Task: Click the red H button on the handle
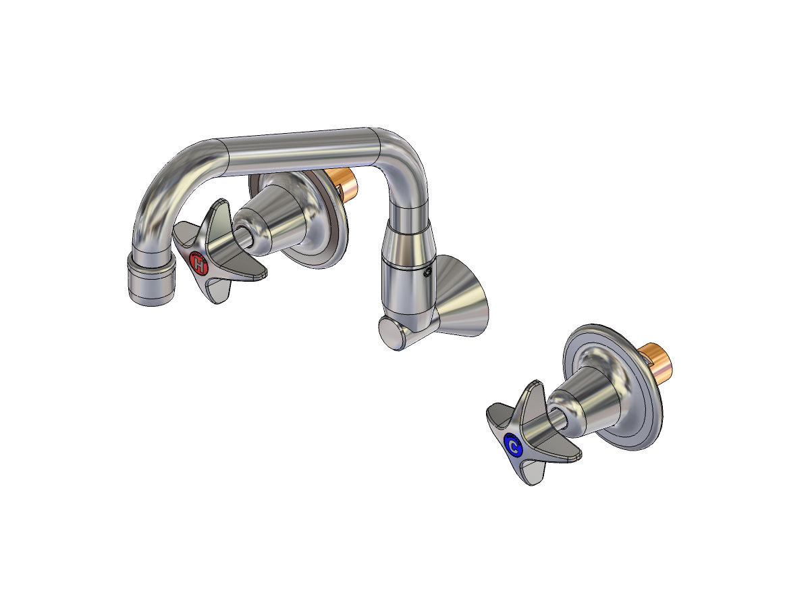pyautogui.click(x=198, y=262)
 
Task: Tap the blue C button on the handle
pyautogui.click(x=514, y=447)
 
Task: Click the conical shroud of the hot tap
pyautogui.click(x=277, y=216)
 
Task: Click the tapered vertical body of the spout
pyautogui.click(x=404, y=270)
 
